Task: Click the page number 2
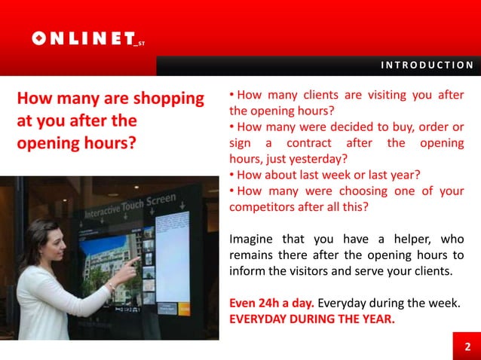467,346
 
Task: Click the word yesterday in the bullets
314,158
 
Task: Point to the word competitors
263,207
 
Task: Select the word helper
409,239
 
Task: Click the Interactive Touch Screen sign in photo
130,206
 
